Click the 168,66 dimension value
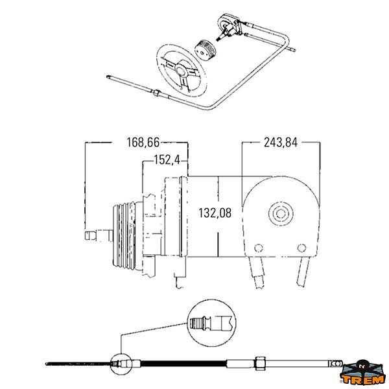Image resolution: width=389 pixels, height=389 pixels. (x=143, y=143)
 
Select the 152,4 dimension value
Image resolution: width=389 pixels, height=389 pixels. (x=167, y=159)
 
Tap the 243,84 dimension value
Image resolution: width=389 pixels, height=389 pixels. (x=281, y=143)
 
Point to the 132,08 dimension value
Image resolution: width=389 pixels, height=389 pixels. (x=215, y=213)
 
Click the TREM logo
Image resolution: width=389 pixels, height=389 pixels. (x=362, y=373)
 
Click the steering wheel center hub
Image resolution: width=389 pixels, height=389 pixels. (x=182, y=69)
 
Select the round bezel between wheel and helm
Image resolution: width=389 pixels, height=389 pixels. (x=205, y=50)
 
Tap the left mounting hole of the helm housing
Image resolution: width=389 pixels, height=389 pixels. (x=259, y=248)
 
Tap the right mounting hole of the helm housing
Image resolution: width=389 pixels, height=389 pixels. (x=301, y=248)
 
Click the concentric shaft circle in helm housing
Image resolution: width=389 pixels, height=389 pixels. (x=281, y=213)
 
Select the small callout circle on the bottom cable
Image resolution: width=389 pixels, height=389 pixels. (x=121, y=364)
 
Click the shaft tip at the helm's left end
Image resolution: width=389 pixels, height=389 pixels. (x=90, y=235)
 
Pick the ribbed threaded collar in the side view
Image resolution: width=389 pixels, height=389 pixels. (x=124, y=236)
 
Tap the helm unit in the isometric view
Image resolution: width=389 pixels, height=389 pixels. (x=229, y=27)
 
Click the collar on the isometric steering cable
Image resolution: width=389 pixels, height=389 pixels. (x=156, y=93)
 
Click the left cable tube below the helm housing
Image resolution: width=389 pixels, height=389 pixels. (x=257, y=272)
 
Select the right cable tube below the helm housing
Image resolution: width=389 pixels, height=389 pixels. (x=303, y=272)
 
